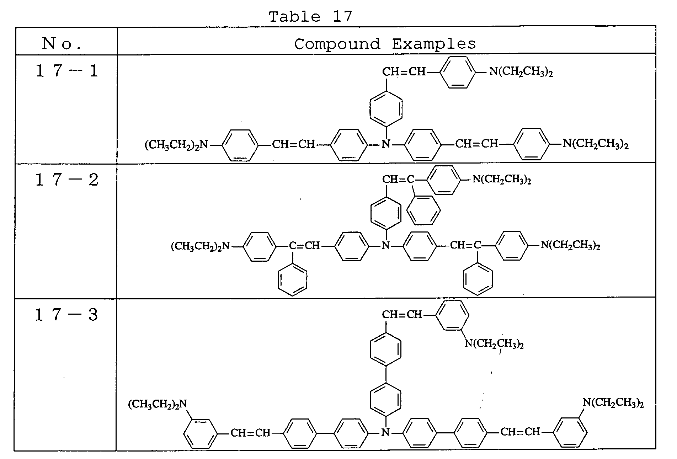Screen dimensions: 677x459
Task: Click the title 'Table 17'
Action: pyautogui.click(x=310, y=16)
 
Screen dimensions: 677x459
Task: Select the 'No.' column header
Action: pyautogui.click(x=62, y=44)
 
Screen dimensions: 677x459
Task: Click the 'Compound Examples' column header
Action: pyautogui.click(x=385, y=44)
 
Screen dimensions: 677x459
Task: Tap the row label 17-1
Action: pyautogui.click(x=67, y=71)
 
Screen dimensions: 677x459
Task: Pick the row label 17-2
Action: pyautogui.click(x=67, y=180)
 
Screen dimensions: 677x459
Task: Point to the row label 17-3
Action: pyautogui.click(x=67, y=315)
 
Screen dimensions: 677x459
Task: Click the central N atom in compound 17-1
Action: pyautogui.click(x=386, y=144)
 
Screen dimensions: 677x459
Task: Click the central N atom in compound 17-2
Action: pyautogui.click(x=386, y=245)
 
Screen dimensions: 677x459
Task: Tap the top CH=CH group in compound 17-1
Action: pyautogui.click(x=404, y=72)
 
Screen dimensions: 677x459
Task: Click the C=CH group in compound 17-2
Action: pyautogui.click(x=304, y=245)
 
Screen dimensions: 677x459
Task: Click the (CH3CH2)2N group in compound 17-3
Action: pyautogui.click(x=158, y=405)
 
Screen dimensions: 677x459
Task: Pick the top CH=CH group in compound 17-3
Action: pyautogui.click(x=402, y=315)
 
